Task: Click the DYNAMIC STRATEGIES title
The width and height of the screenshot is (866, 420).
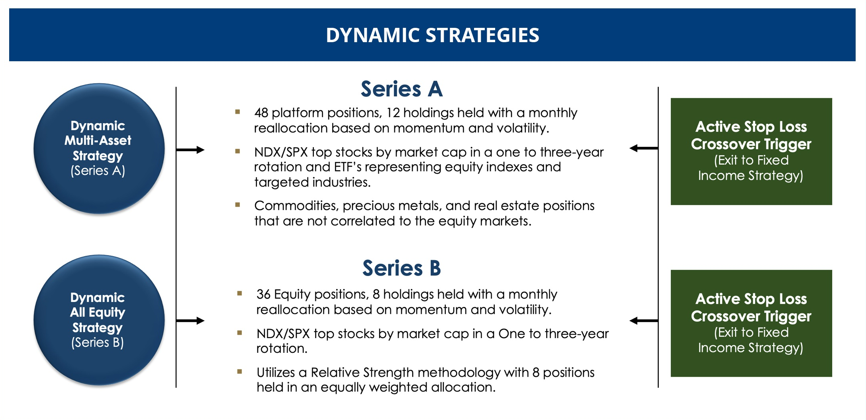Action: (433, 35)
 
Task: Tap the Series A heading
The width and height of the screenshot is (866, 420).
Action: (402, 89)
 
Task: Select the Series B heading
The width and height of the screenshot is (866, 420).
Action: (402, 268)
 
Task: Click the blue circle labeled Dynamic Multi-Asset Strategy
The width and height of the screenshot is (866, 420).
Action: (99, 148)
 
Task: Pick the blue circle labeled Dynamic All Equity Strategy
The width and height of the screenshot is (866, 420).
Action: (99, 320)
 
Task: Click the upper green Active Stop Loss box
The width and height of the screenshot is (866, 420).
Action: (751, 152)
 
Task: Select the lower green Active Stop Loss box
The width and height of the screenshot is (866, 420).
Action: (751, 323)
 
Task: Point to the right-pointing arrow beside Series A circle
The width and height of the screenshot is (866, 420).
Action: (190, 150)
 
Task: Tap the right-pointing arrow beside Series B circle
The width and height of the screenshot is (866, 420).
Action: (190, 321)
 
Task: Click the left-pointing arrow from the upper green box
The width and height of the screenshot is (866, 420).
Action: (644, 148)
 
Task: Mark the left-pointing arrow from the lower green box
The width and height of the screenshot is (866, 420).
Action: (644, 321)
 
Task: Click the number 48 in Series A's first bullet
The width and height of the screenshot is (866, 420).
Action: (261, 113)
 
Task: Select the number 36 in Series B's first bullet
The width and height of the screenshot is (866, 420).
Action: (263, 294)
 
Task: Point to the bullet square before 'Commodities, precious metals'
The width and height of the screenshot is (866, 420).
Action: (238, 205)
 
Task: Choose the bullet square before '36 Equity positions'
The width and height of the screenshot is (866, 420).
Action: (239, 294)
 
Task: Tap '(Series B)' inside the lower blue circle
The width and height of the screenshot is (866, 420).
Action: (98, 342)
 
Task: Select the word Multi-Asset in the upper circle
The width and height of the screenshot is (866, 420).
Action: (98, 140)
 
